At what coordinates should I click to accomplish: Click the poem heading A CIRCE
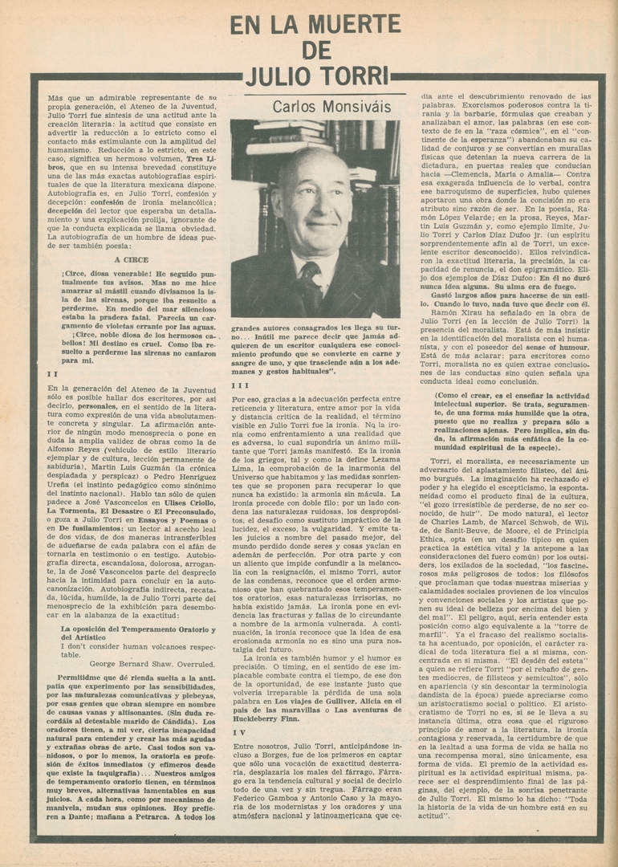tap(131, 260)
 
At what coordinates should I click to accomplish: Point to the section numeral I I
tap(52, 373)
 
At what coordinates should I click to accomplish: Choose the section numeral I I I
tap(240, 385)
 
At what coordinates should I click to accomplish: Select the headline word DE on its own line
tap(315, 51)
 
